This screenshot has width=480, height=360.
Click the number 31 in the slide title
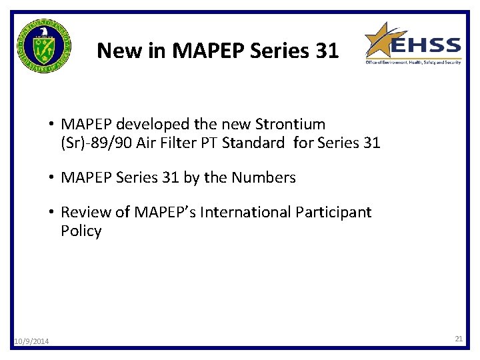tap(326, 51)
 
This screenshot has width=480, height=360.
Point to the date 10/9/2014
tap(31, 342)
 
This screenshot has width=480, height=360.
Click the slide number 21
tap(459, 339)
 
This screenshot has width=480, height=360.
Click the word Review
tap(84, 212)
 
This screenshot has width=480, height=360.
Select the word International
tap(241, 212)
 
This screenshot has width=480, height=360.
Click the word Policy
tap(81, 231)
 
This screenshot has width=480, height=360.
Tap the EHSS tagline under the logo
tap(413, 62)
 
